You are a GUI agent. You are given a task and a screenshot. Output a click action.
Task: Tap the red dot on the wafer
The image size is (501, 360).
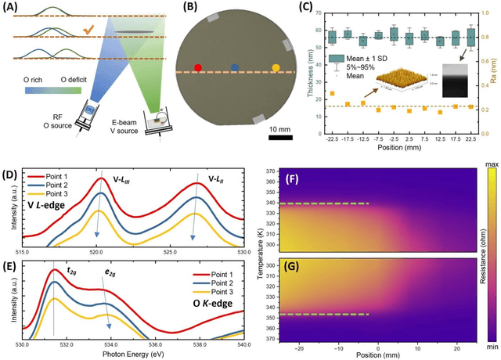coord(197,68)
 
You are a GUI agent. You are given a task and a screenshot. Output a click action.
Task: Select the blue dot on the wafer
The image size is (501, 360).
coord(235,68)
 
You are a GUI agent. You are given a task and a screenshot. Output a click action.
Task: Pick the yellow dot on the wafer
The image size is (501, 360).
coord(275,68)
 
